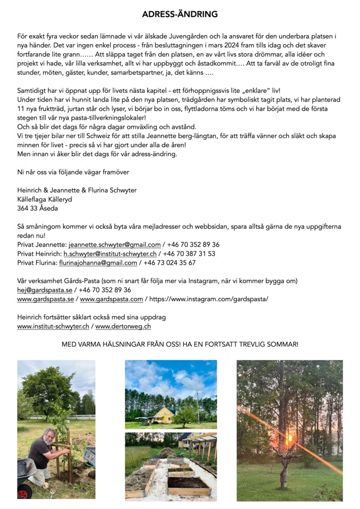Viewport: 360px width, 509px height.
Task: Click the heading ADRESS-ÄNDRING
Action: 179,14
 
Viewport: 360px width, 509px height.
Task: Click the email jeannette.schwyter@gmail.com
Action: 115,244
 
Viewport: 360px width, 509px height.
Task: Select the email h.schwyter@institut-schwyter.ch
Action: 111,253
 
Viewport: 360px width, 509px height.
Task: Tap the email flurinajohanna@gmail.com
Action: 102,262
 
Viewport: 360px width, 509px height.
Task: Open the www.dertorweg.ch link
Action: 122,326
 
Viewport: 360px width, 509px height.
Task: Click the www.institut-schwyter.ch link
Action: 54,326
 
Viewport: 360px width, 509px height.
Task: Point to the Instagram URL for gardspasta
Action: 208,299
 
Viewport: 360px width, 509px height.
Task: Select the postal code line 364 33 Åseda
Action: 37,209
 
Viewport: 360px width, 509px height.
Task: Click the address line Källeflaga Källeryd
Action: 45,199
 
